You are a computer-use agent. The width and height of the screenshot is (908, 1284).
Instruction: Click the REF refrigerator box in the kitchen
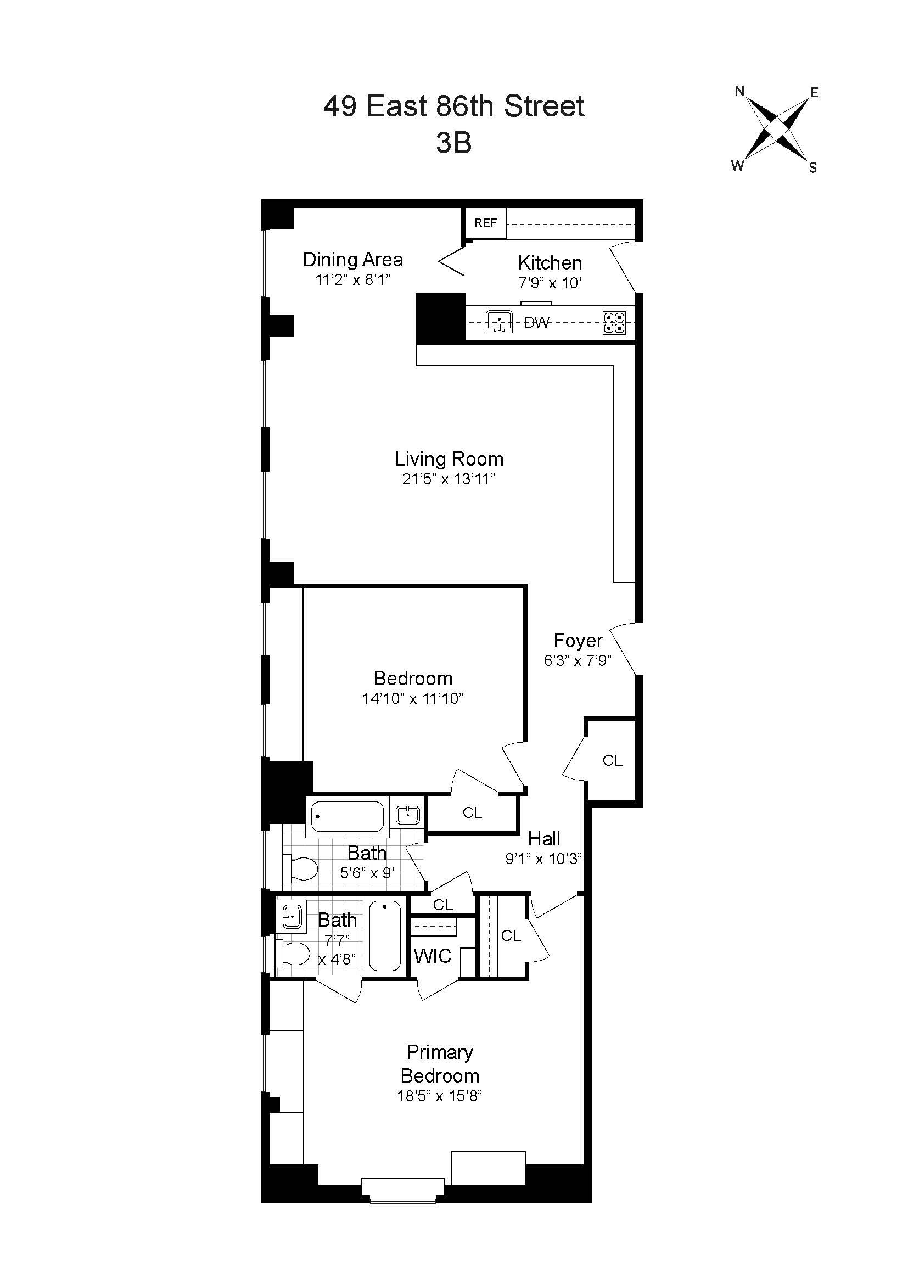click(x=485, y=222)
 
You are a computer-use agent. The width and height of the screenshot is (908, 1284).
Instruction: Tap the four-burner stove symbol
click(x=614, y=323)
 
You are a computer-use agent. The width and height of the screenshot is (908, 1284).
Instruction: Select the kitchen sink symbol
click(x=498, y=322)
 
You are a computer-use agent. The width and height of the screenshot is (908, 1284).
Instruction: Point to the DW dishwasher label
click(x=536, y=323)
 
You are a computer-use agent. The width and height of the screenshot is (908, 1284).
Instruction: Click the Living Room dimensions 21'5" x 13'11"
click(x=449, y=479)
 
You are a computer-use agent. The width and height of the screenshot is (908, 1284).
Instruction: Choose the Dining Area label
click(x=352, y=260)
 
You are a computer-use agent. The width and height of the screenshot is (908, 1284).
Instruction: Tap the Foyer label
click(x=578, y=640)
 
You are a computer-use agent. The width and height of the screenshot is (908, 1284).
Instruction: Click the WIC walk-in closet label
click(x=432, y=956)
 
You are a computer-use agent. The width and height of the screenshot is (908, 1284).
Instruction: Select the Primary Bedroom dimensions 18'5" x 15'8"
click(x=440, y=1096)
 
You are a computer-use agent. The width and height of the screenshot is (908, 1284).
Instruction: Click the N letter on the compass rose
click(x=739, y=91)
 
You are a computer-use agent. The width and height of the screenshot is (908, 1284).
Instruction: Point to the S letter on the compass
click(x=813, y=167)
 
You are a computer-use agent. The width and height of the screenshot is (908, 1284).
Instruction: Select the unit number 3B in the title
click(x=453, y=143)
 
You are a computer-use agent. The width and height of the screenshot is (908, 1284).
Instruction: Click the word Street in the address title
click(x=544, y=106)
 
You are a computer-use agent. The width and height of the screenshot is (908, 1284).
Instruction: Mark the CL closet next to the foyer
click(x=612, y=760)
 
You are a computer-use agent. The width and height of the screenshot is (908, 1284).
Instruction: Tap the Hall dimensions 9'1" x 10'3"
click(x=543, y=859)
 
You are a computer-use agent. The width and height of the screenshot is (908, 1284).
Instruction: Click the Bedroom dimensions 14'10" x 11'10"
click(x=413, y=698)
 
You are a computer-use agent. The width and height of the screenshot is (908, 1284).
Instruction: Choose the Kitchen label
click(x=550, y=263)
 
